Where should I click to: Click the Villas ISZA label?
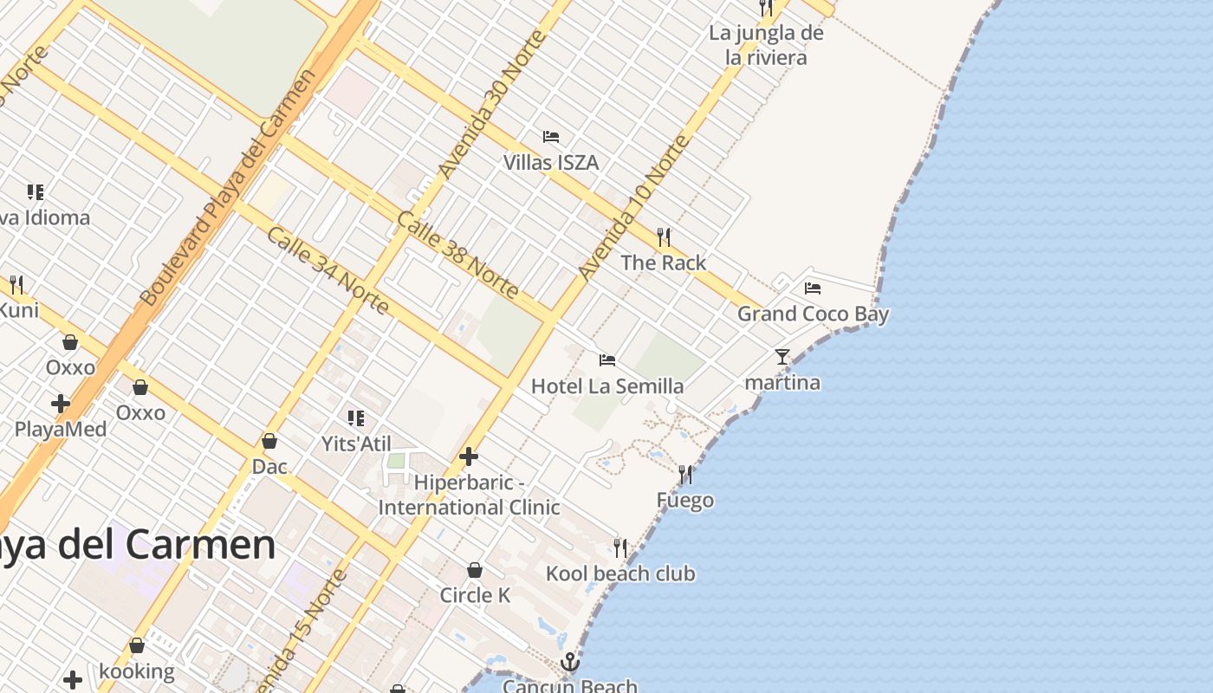[551, 163]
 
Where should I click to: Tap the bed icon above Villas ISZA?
[551, 137]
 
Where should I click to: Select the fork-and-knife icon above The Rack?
[664, 236]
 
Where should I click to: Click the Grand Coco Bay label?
[813, 314]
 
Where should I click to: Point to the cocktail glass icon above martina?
[782, 356]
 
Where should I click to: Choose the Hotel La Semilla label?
[607, 385]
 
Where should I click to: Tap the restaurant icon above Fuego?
[685, 475]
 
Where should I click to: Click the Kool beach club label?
[620, 573]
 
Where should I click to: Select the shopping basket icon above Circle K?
[475, 570]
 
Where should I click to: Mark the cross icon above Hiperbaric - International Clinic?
[469, 457]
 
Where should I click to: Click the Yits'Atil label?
[357, 444]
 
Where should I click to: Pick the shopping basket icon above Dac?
[269, 442]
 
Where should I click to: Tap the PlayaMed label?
[61, 430]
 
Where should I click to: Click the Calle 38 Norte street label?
[457, 254]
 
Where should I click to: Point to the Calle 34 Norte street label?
[327, 270]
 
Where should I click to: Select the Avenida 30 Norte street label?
[491, 105]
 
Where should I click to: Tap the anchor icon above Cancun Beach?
[569, 663]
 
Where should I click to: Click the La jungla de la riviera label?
[766, 45]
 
